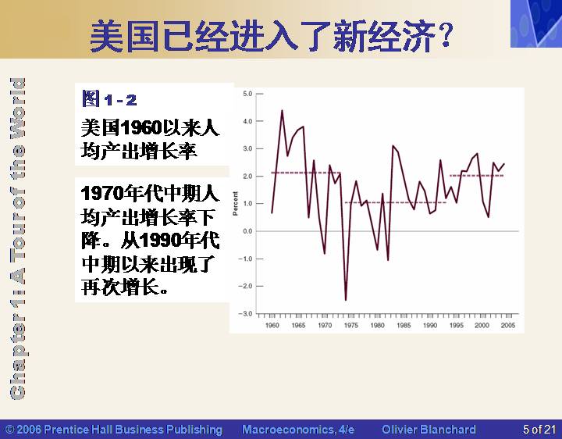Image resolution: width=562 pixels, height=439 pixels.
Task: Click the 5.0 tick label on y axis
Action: click(247, 94)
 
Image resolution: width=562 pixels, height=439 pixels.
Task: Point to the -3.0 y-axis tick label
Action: click(246, 314)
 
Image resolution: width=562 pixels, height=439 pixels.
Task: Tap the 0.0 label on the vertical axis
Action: click(247, 231)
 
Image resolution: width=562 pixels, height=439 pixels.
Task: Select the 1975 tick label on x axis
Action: click(351, 325)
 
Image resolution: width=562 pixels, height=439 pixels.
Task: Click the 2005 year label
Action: click(508, 325)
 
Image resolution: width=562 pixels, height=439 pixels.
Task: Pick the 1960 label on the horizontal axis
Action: click(272, 325)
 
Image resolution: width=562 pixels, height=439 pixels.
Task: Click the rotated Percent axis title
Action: click(235, 203)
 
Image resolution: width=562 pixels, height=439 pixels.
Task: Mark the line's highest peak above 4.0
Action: click(282, 110)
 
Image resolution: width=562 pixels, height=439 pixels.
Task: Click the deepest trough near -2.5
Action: click(346, 300)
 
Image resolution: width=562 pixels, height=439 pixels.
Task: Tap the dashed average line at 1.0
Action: click(396, 202)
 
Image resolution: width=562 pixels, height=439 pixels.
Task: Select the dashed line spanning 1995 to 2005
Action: click(477, 176)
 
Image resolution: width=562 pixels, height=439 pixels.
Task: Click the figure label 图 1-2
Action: click(109, 99)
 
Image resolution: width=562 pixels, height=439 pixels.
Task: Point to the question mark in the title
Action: click(446, 35)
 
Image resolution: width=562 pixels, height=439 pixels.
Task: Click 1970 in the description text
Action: click(102, 193)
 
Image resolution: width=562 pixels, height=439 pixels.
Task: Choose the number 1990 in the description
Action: click(160, 241)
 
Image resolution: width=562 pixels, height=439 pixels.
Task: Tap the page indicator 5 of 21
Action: click(539, 430)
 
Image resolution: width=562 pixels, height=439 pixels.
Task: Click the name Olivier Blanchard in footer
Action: click(429, 430)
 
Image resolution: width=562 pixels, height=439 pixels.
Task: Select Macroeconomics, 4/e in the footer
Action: click(298, 430)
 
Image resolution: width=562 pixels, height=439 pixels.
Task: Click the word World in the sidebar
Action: click(17, 107)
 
